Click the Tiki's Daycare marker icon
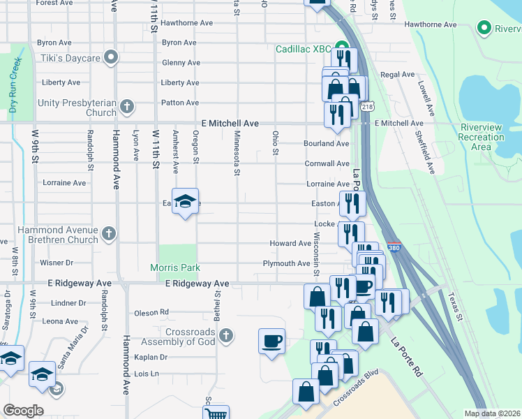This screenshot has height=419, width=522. (x=110, y=57)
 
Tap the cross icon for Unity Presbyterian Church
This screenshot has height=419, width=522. (x=126, y=107)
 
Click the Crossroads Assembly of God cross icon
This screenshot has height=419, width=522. (x=225, y=337)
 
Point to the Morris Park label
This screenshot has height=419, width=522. (x=175, y=267)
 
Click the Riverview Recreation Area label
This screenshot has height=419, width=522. (x=482, y=137)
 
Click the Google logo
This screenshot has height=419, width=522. (x=23, y=410)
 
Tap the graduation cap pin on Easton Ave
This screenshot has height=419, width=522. (x=185, y=201)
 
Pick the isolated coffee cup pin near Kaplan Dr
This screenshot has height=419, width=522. (x=271, y=341)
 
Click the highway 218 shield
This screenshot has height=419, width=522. (x=367, y=106)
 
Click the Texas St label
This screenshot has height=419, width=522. (x=456, y=307)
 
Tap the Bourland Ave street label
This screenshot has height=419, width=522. (x=326, y=144)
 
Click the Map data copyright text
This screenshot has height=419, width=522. (x=492, y=413)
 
